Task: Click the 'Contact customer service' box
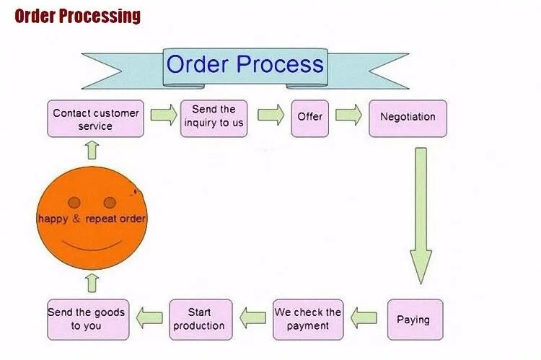[x=95, y=119]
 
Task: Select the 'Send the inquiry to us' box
[x=214, y=119]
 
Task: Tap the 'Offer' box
[x=310, y=119]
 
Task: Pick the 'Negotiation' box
[x=408, y=119]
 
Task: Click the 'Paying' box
[x=415, y=320]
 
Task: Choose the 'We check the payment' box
[x=308, y=320]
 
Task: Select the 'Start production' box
[x=201, y=320]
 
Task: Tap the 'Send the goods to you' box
[x=88, y=320]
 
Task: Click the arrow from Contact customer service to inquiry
[x=164, y=115]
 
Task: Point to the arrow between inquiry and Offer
[x=271, y=115]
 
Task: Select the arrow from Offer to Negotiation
[x=349, y=115]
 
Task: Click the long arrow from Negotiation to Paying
[x=421, y=216]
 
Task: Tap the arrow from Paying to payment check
[x=364, y=318]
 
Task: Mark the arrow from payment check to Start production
[x=253, y=318]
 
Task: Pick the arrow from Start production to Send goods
[x=149, y=318]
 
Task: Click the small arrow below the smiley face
[x=92, y=284]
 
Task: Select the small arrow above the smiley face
[x=92, y=151]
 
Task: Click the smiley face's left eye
[x=74, y=203]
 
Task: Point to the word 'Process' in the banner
[x=280, y=64]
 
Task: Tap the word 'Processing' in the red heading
[x=100, y=16]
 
